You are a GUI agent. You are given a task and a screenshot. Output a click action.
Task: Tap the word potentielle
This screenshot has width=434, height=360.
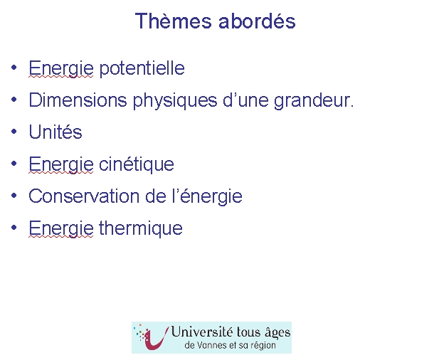pos(142,68)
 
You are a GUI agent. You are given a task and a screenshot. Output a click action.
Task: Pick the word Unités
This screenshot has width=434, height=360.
pos(55,132)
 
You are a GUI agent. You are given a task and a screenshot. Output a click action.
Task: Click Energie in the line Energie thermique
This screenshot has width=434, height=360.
pos(61,228)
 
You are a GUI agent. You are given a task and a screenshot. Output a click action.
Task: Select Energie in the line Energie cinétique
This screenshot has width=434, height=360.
pos(61,164)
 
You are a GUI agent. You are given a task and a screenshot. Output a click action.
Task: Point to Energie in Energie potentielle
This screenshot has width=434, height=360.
pos(61,68)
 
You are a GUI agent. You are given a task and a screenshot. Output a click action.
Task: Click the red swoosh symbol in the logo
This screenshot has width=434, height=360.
pos(158,339)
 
